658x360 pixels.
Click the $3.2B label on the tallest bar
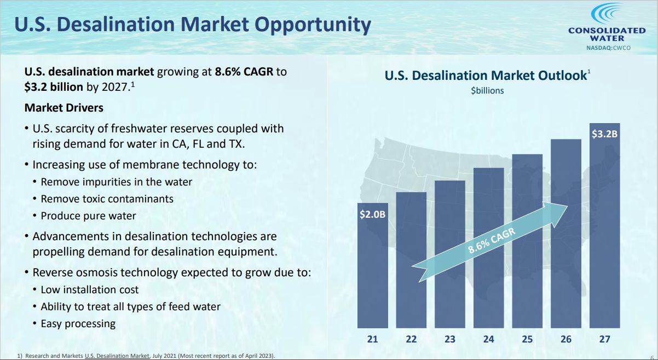click(605, 133)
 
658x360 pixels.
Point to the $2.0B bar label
click(373, 214)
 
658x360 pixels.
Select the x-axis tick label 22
click(411, 339)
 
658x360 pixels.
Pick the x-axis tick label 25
click(527, 339)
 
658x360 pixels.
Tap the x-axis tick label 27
click(604, 339)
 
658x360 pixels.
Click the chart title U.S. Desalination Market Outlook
click(486, 76)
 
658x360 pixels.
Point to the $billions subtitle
click(487, 91)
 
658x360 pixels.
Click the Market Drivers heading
click(64, 108)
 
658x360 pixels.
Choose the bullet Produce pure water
click(88, 216)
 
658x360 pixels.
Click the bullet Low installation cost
click(90, 290)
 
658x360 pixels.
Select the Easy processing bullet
click(78, 324)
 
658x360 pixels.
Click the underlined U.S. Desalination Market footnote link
click(117, 356)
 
